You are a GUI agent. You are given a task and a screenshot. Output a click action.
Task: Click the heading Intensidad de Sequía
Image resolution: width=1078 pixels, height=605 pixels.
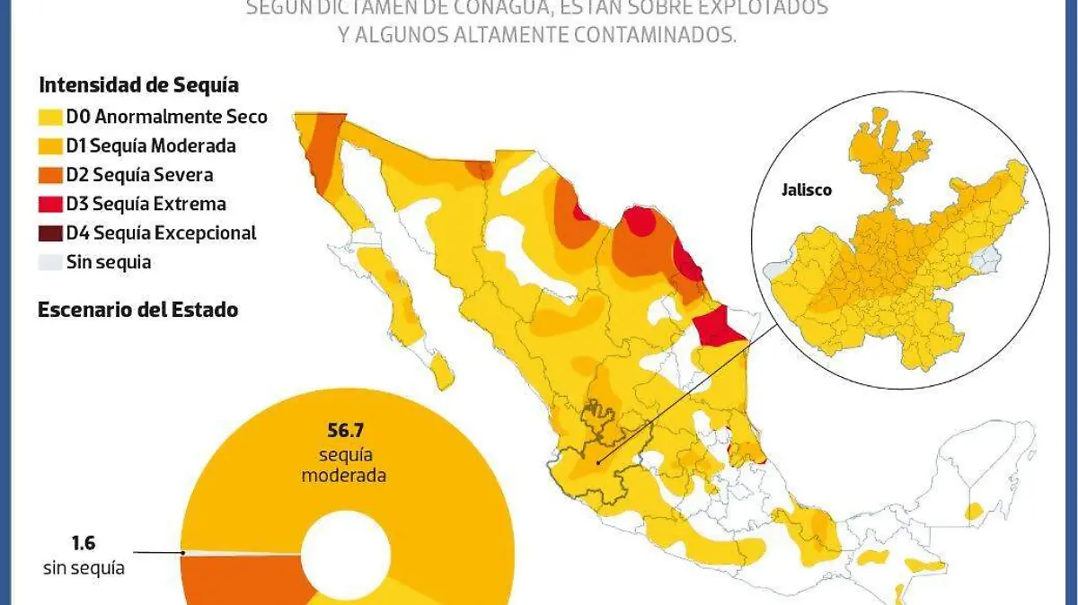[138, 86]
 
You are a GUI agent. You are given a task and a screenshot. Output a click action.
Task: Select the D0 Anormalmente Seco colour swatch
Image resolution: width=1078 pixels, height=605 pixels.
[50, 117]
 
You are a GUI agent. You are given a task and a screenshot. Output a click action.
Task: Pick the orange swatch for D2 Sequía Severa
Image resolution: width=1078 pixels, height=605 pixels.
[50, 175]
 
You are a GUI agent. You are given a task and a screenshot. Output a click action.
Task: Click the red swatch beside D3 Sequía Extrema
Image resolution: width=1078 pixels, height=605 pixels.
[50, 205]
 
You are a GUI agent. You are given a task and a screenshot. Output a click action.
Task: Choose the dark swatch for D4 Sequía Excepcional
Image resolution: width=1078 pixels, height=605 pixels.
[50, 233]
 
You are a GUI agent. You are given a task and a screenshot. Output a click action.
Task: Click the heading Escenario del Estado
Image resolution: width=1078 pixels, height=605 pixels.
[137, 310]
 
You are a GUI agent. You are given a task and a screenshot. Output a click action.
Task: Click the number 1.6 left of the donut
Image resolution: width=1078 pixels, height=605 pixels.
[83, 543]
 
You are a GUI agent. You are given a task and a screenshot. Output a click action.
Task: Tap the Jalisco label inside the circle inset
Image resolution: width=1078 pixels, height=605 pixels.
[806, 190]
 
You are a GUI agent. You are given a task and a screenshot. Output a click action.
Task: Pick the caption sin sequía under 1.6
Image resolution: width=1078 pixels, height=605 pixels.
[83, 567]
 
